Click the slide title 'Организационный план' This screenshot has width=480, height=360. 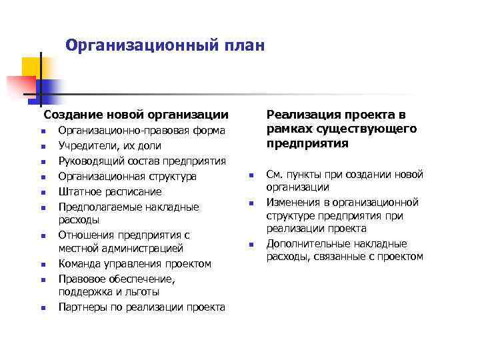[x=165, y=46]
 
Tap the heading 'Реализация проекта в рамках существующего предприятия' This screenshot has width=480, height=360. [x=341, y=129]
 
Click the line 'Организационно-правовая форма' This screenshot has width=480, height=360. [x=141, y=130]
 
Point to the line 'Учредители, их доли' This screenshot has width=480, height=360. [x=109, y=145]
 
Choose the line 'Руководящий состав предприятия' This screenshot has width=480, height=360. [x=141, y=161]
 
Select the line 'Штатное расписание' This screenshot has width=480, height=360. [x=109, y=191]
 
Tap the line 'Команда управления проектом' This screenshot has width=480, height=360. [x=134, y=264]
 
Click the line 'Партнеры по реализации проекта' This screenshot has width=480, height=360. [x=141, y=307]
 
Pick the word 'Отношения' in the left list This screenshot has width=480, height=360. [x=86, y=235]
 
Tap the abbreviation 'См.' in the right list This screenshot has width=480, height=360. [x=274, y=175]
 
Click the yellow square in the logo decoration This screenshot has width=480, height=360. [x=31, y=67]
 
